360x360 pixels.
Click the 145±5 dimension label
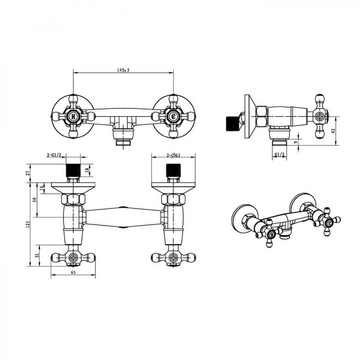click(x=123, y=70)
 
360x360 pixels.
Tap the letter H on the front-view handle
click(x=73, y=117)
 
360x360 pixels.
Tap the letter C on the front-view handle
click(x=173, y=117)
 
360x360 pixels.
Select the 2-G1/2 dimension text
click(x=54, y=155)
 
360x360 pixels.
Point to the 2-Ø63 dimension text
click(x=173, y=155)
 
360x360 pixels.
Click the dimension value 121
click(x=28, y=224)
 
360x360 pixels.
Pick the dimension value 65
click(x=73, y=273)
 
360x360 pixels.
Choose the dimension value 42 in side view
click(x=333, y=130)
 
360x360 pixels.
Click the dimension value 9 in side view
click(x=296, y=142)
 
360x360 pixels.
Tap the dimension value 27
click(x=28, y=173)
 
